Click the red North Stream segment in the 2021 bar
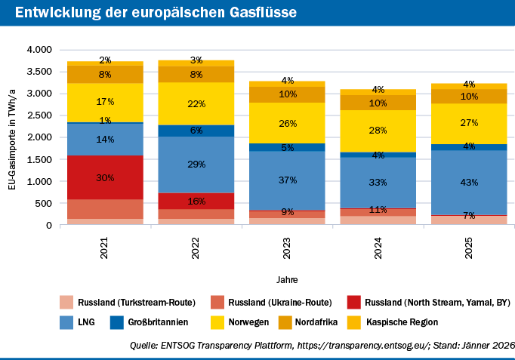pyautogui.click(x=105, y=177)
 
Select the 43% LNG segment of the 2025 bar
pyautogui.click(x=469, y=182)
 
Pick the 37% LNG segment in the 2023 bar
pyautogui.click(x=287, y=180)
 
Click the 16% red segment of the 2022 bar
pyautogui.click(x=196, y=201)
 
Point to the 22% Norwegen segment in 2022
pyautogui.click(x=196, y=103)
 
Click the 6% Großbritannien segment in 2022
pyautogui.click(x=196, y=131)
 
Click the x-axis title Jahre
pyautogui.click(x=286, y=280)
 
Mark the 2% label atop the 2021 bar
pyautogui.click(x=105, y=60)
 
